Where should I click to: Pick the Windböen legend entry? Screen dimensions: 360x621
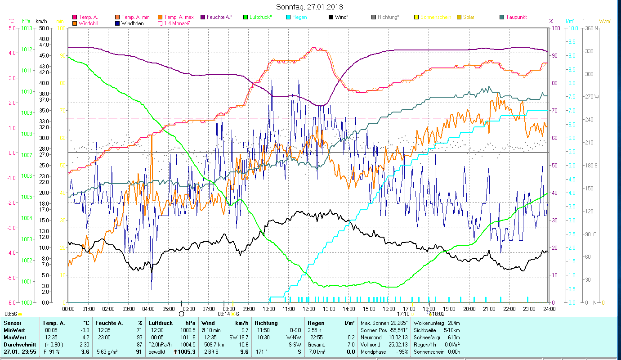(x=133, y=23)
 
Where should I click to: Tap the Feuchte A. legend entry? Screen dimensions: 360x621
(x=219, y=17)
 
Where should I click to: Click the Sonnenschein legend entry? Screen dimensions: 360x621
(x=439, y=17)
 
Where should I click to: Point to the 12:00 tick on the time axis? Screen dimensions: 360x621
(x=308, y=309)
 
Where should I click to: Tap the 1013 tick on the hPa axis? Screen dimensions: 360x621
(x=26, y=28)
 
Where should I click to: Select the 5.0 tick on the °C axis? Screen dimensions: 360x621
(x=12, y=28)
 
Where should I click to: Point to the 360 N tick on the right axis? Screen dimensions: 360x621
(x=590, y=28)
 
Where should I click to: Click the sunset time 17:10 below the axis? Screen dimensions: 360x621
(x=403, y=314)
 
